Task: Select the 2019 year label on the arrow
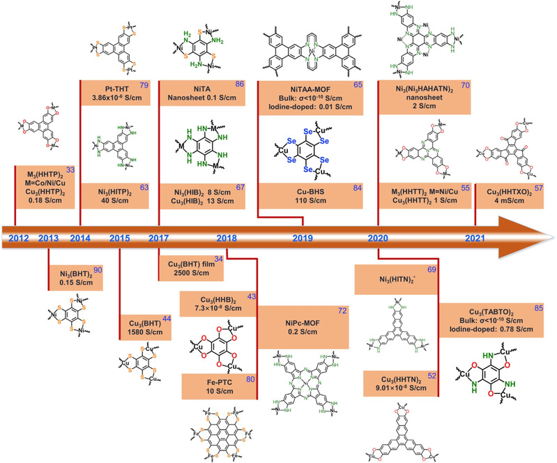point(302,238)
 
